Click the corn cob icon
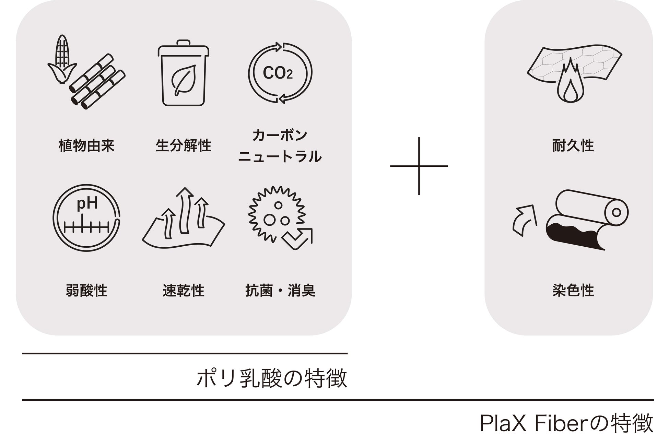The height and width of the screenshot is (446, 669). point(62,58)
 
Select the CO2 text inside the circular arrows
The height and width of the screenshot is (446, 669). point(278,73)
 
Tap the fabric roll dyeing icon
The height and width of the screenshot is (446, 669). point(587,220)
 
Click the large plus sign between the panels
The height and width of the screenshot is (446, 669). point(419,166)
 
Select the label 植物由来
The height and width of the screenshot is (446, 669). point(86,145)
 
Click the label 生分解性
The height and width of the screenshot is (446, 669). point(183,145)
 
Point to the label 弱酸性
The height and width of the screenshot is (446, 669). point(86,291)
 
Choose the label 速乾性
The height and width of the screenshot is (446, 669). point(183,291)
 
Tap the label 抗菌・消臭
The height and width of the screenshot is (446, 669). point(280,291)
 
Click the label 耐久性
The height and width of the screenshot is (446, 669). point(573,145)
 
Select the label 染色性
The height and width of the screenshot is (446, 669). point(573,291)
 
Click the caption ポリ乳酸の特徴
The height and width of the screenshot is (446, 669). point(272,378)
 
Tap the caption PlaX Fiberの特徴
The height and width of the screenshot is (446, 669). point(566,424)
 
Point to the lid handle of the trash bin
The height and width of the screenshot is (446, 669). point(183,43)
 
